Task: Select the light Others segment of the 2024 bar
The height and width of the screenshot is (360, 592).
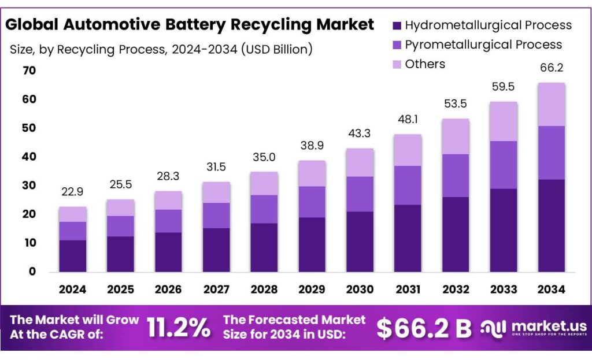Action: pos(73,214)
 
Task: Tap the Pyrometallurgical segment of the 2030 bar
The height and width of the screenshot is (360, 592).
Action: pos(360,194)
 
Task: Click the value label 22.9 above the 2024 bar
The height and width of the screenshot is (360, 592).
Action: pos(73,192)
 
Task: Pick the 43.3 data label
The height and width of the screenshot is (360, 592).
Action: pos(360,133)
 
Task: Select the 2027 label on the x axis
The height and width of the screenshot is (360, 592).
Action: pos(216,288)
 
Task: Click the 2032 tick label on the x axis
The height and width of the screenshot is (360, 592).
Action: pos(455,288)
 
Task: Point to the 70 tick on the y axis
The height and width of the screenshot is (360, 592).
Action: pos(29,70)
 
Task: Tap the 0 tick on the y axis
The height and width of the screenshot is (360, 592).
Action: pos(32,272)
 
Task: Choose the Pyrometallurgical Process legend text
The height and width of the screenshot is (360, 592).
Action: pos(483,44)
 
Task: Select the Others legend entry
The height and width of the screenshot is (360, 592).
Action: pos(425,64)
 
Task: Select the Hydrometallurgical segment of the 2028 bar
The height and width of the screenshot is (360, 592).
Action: pos(264,247)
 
